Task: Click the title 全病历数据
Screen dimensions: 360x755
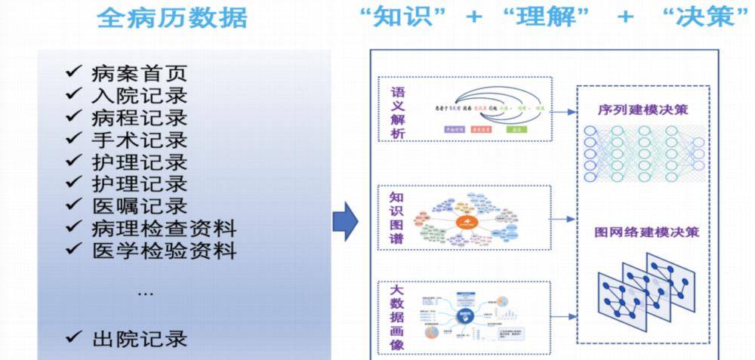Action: point(172,17)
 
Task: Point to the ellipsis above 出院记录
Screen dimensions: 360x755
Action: point(146,293)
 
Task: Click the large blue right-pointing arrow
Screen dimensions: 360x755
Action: point(345,220)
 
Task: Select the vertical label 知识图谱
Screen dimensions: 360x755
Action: point(397,217)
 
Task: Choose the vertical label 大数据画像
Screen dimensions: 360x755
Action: point(397,316)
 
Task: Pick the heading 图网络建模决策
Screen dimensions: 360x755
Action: point(646,231)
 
